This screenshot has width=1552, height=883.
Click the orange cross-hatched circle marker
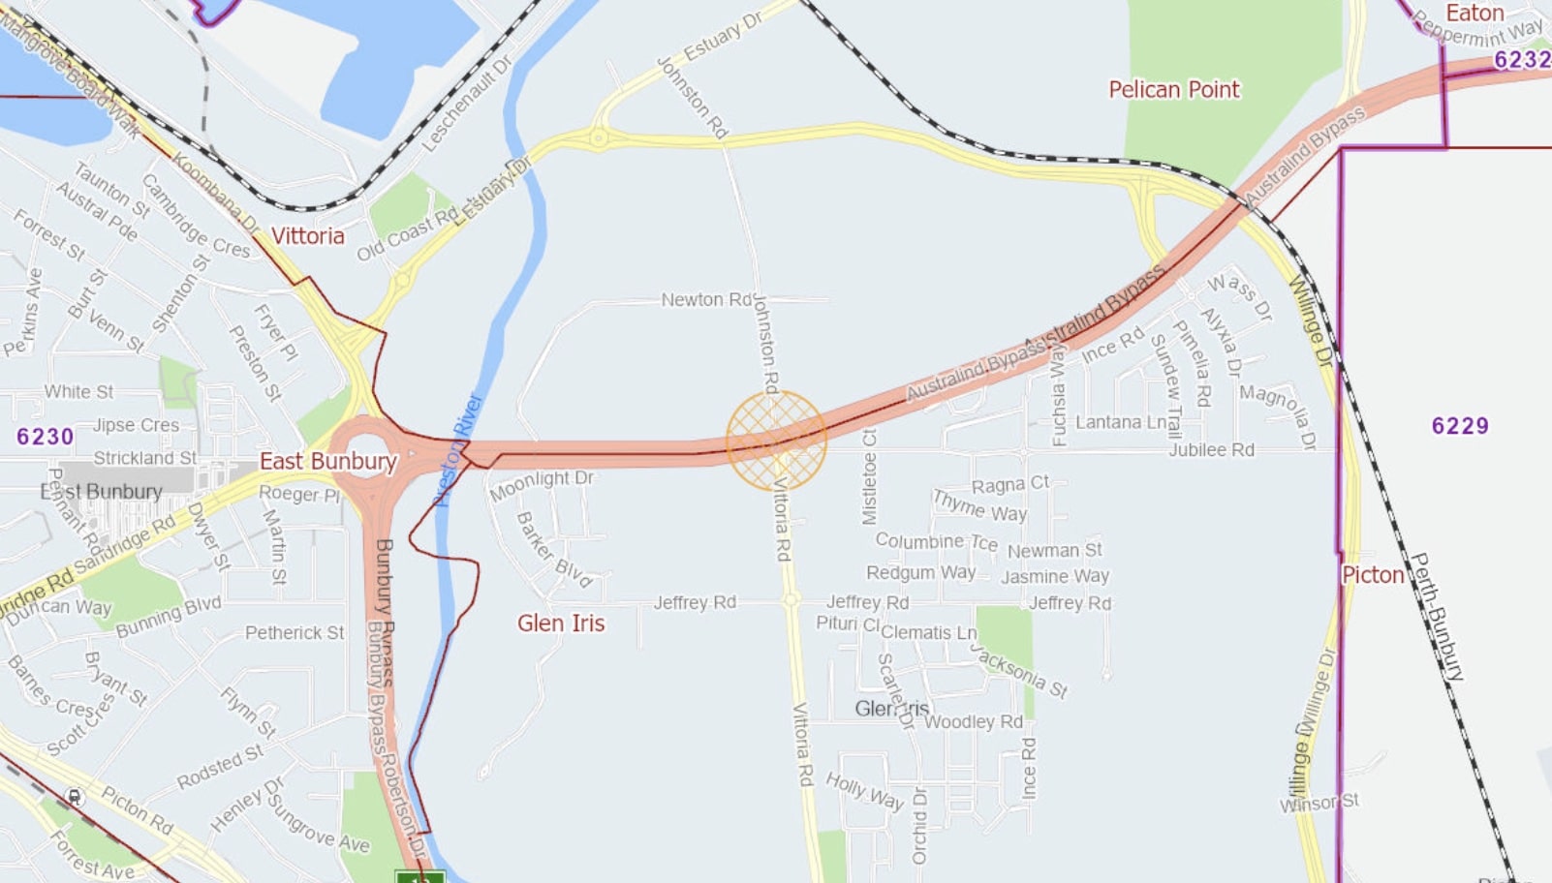click(776, 440)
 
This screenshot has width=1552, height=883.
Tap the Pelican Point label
click(1173, 90)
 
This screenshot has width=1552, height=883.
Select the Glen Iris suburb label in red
click(561, 624)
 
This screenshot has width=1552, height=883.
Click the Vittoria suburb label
click(307, 236)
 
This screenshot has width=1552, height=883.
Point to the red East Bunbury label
click(327, 462)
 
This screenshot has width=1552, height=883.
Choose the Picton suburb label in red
click(1373, 575)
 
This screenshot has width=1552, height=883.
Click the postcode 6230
click(45, 437)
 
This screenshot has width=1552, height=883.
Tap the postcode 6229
click(1460, 426)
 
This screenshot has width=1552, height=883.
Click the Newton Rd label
click(706, 300)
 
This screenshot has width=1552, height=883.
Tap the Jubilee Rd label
click(1211, 450)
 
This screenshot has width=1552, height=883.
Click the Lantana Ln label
click(1121, 422)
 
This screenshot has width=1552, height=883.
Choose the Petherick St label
click(295, 633)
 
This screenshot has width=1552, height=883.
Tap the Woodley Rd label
click(974, 722)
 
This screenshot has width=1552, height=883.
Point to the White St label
click(78, 392)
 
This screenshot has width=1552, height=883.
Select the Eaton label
click(1474, 14)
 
